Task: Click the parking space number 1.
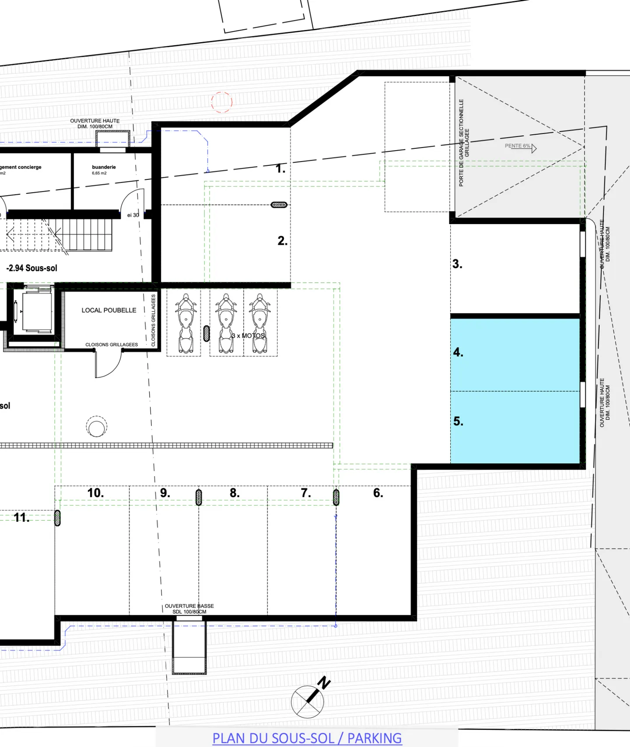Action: (x=280, y=168)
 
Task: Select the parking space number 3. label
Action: (x=457, y=264)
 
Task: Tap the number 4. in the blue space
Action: (x=458, y=352)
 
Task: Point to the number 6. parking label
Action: (x=378, y=493)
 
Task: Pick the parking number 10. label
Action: (x=95, y=493)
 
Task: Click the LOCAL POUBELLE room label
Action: (x=109, y=310)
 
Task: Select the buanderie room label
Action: (x=104, y=167)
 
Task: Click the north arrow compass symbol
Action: (x=308, y=701)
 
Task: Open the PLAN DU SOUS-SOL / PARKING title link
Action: (x=307, y=738)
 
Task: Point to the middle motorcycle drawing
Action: (x=226, y=324)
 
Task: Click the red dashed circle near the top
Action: (x=222, y=102)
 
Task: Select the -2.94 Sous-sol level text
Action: (x=31, y=268)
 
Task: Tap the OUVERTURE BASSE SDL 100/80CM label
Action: (x=189, y=609)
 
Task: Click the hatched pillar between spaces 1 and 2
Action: (x=279, y=205)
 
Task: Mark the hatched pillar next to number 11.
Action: (x=57, y=518)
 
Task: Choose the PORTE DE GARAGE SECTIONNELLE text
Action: (x=462, y=143)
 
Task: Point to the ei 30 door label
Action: (x=133, y=215)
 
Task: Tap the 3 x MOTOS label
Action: (x=248, y=336)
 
